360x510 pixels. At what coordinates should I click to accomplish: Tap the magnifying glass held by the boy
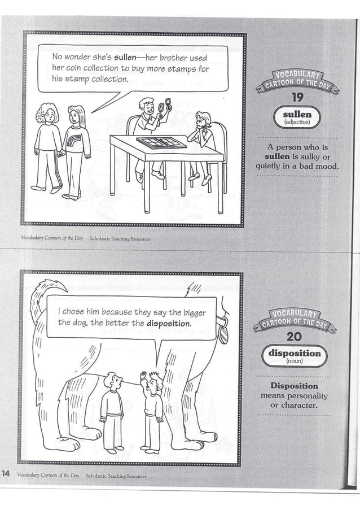pyautogui.click(x=165, y=106)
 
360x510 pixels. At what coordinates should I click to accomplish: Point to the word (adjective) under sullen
pyautogui.click(x=297, y=122)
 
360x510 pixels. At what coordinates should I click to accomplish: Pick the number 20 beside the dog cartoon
pyautogui.click(x=293, y=337)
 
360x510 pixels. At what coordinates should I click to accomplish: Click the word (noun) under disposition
pyautogui.click(x=295, y=360)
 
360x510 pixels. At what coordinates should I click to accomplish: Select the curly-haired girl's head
pyautogui.click(x=49, y=112)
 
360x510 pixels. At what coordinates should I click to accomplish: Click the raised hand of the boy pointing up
pyautogui.click(x=143, y=374)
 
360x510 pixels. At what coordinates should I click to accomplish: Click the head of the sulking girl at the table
pyautogui.click(x=203, y=120)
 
